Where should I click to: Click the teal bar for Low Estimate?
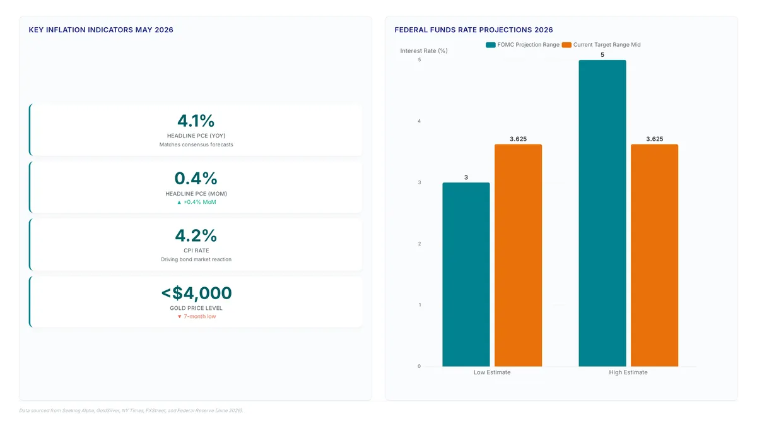[x=466, y=274]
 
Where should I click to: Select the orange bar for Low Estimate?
[x=518, y=255]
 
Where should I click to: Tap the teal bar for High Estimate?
[x=602, y=213]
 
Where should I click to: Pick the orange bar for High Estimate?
[x=654, y=255]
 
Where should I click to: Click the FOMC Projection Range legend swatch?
[x=490, y=45]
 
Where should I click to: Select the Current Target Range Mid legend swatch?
[x=566, y=45]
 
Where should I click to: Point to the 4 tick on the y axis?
[x=419, y=121]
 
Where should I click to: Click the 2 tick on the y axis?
[x=420, y=244]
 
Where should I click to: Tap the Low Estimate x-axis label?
[x=492, y=372]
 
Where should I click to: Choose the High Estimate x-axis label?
[x=628, y=372]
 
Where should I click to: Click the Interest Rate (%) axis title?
[x=424, y=50]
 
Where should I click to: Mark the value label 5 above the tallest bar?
[x=602, y=55]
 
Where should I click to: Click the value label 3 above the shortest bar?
[x=466, y=177]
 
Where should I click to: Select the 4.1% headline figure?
[x=196, y=121]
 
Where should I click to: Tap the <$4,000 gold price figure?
[x=196, y=293]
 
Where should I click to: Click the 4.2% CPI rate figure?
[x=196, y=235]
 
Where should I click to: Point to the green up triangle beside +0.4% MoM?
[x=179, y=202]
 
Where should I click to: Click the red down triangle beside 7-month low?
[x=179, y=317]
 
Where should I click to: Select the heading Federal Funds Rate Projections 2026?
[x=474, y=30]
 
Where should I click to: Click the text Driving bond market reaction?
[x=196, y=259]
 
